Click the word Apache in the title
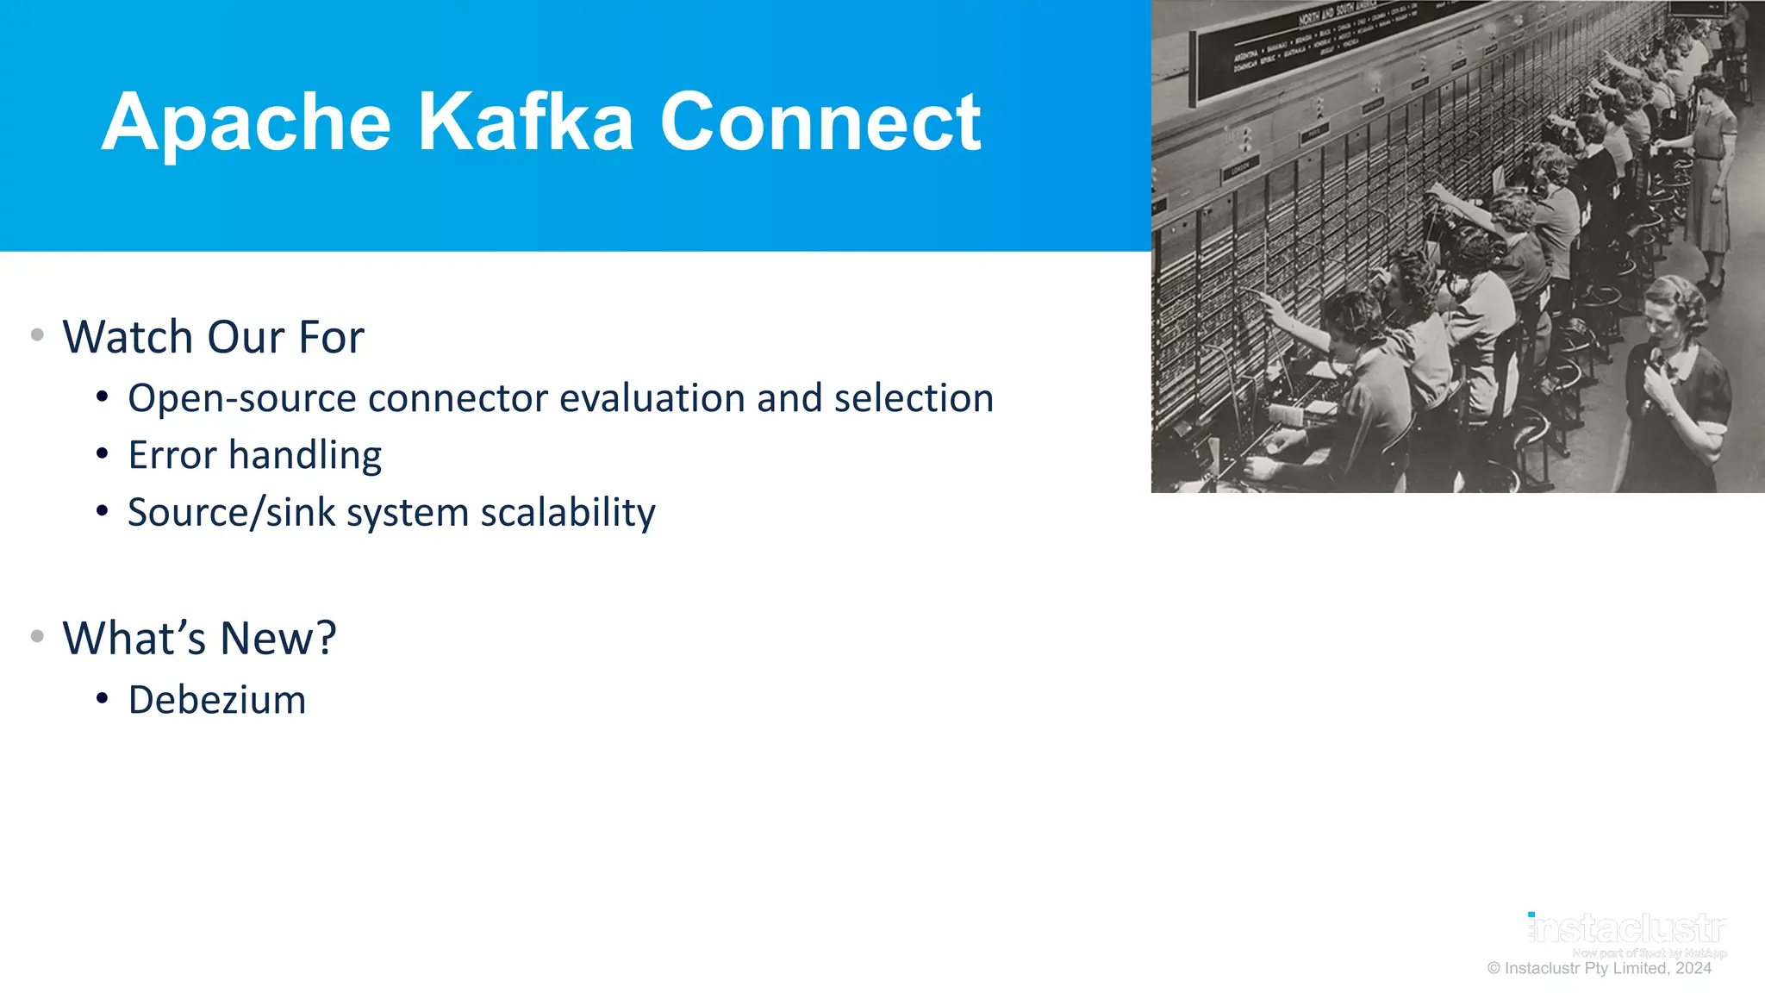246,123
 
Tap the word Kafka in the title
526,123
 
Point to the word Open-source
241,398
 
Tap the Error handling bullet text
254,455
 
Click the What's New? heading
199,638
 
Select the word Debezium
216,700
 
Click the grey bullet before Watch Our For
37,334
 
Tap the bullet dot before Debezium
103,698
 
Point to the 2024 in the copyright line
1693,968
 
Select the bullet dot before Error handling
103,454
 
